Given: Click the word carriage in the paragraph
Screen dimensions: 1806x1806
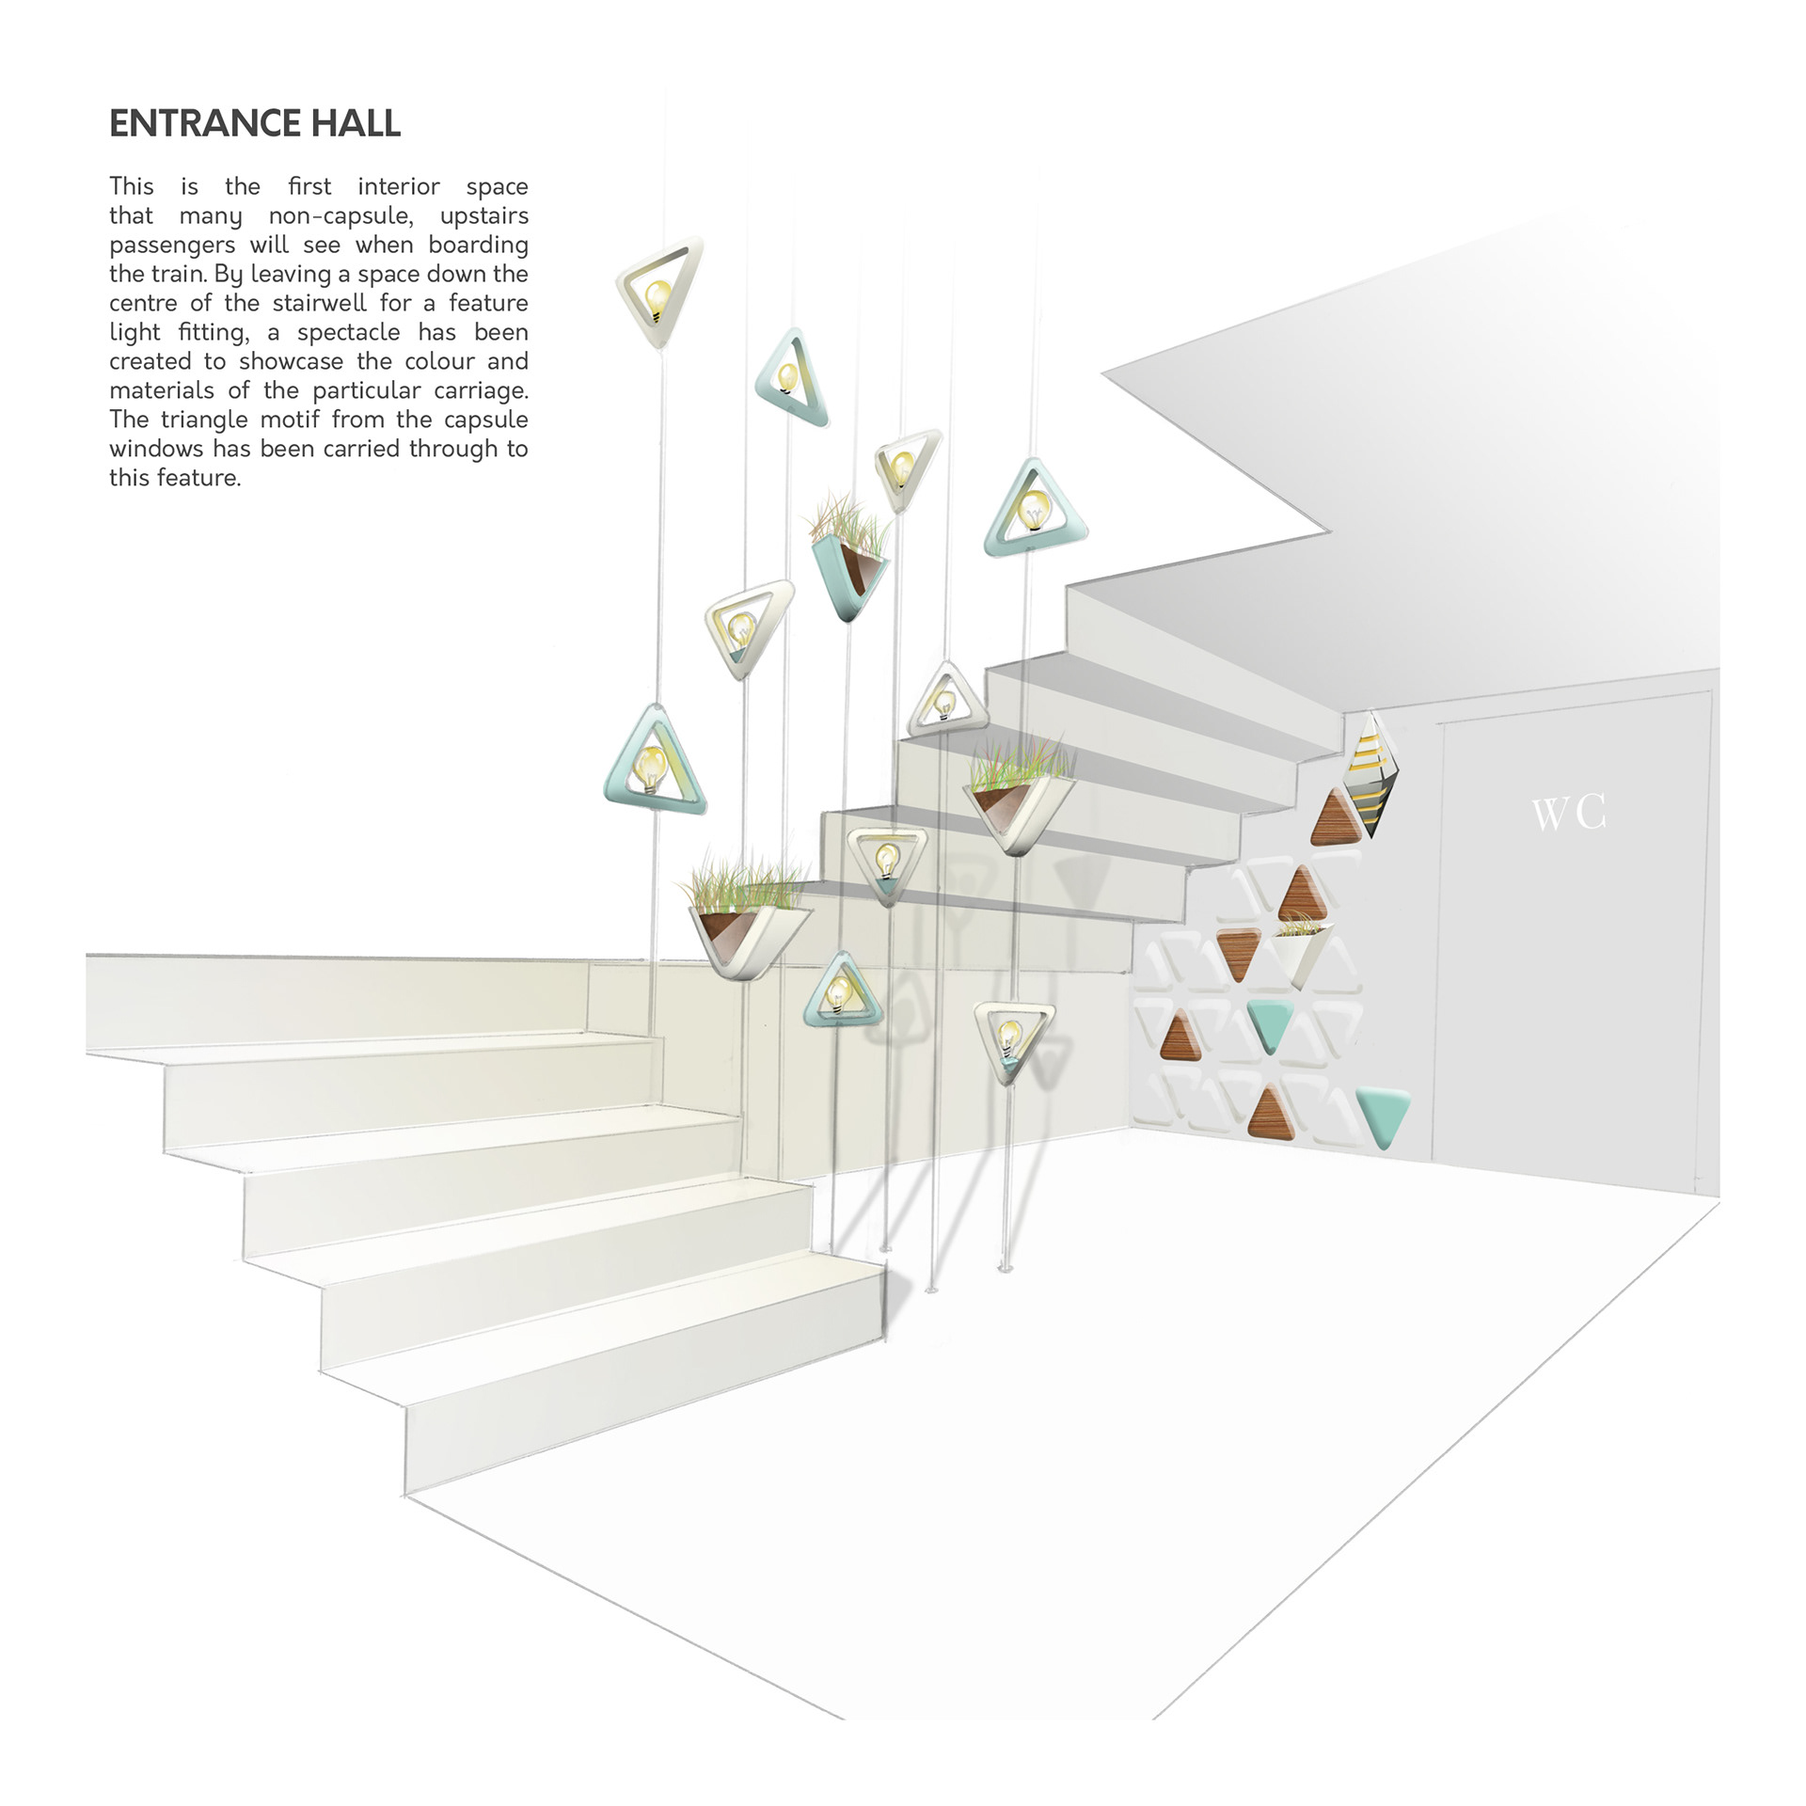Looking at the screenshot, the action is click(x=480, y=391).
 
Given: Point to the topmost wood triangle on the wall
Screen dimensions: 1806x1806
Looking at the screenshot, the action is click(x=1336, y=818).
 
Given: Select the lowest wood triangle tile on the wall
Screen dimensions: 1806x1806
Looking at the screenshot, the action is click(x=1271, y=1114).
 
